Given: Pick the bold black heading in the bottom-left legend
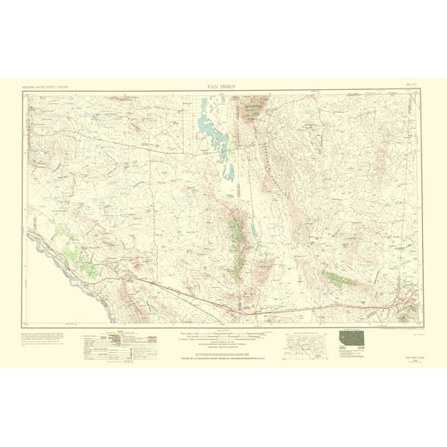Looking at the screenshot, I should coord(99,339).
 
